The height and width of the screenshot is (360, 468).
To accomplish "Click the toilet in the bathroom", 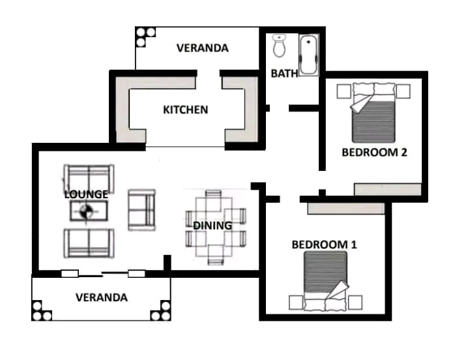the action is point(280,46).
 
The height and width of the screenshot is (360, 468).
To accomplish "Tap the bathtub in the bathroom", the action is point(308,55).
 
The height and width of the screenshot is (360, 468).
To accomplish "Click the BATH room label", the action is point(284,74).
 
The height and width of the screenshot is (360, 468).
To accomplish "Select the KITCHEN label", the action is point(185,110).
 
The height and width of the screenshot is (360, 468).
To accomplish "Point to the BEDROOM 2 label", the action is point(374,153).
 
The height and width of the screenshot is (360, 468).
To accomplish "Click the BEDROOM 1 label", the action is point(324,245).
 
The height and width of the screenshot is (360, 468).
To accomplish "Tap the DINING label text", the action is point(212,226).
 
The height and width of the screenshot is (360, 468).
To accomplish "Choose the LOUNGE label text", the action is point(86,194).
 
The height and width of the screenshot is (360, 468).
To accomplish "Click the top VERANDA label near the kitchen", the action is point(203,48).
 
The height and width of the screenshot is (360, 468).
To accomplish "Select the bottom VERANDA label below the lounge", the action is point(102,297).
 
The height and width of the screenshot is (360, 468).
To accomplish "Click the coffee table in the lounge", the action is point(89,211).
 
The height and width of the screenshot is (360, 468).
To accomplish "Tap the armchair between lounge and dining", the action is point(141,210).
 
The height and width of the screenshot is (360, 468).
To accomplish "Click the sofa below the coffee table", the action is point(89,243).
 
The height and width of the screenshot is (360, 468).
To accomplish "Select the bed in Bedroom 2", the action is point(373,112).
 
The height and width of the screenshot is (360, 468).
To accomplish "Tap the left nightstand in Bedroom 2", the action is point(344,91).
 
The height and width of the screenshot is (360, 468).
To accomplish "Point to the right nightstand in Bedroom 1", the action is point(355,303).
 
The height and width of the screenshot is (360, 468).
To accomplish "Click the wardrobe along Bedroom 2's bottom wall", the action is point(388,189).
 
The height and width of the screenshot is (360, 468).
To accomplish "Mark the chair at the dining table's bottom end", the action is point(216,254).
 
